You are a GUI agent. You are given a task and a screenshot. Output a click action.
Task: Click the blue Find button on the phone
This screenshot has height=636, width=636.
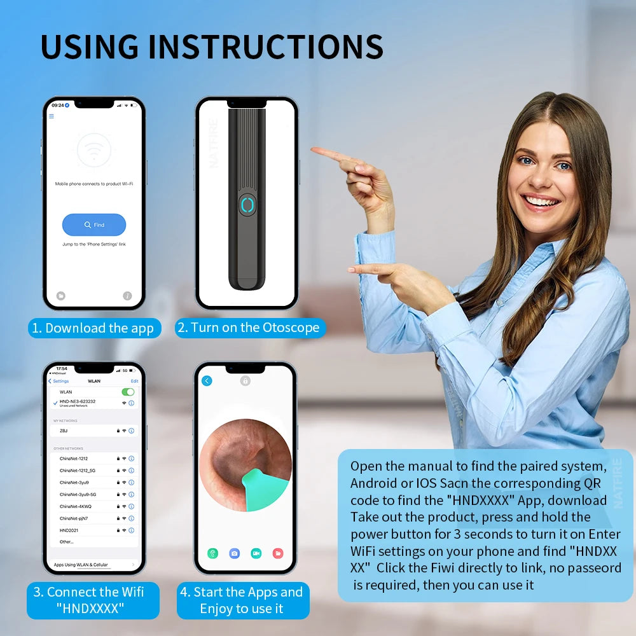pos(94,225)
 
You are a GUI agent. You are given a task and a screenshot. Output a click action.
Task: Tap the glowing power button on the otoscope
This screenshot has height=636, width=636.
pos(247,205)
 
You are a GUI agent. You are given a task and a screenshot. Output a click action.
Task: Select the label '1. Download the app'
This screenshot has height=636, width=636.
pos(93,328)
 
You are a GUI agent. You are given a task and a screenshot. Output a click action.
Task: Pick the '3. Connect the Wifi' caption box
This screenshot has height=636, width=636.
pos(93,600)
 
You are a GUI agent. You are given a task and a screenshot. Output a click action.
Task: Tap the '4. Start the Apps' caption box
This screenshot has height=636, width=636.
pos(242,600)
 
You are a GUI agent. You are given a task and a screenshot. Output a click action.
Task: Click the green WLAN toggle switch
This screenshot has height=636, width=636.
pos(128,392)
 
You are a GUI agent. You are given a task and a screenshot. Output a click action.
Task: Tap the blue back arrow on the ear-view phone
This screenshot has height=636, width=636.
pos(207,381)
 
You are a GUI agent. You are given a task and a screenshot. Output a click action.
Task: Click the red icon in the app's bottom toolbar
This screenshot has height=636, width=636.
pos(277,553)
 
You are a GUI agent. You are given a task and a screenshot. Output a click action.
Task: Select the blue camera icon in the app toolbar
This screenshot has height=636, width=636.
pos(234,553)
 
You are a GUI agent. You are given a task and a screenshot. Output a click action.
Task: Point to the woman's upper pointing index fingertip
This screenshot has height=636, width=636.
pos(314,149)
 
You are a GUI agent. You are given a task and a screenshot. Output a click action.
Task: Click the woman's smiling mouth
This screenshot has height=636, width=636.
pos(541,202)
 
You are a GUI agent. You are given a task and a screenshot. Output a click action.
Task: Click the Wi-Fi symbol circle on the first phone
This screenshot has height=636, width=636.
pos(93,151)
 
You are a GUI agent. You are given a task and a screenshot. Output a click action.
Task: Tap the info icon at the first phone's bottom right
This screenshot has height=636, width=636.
pos(127,296)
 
